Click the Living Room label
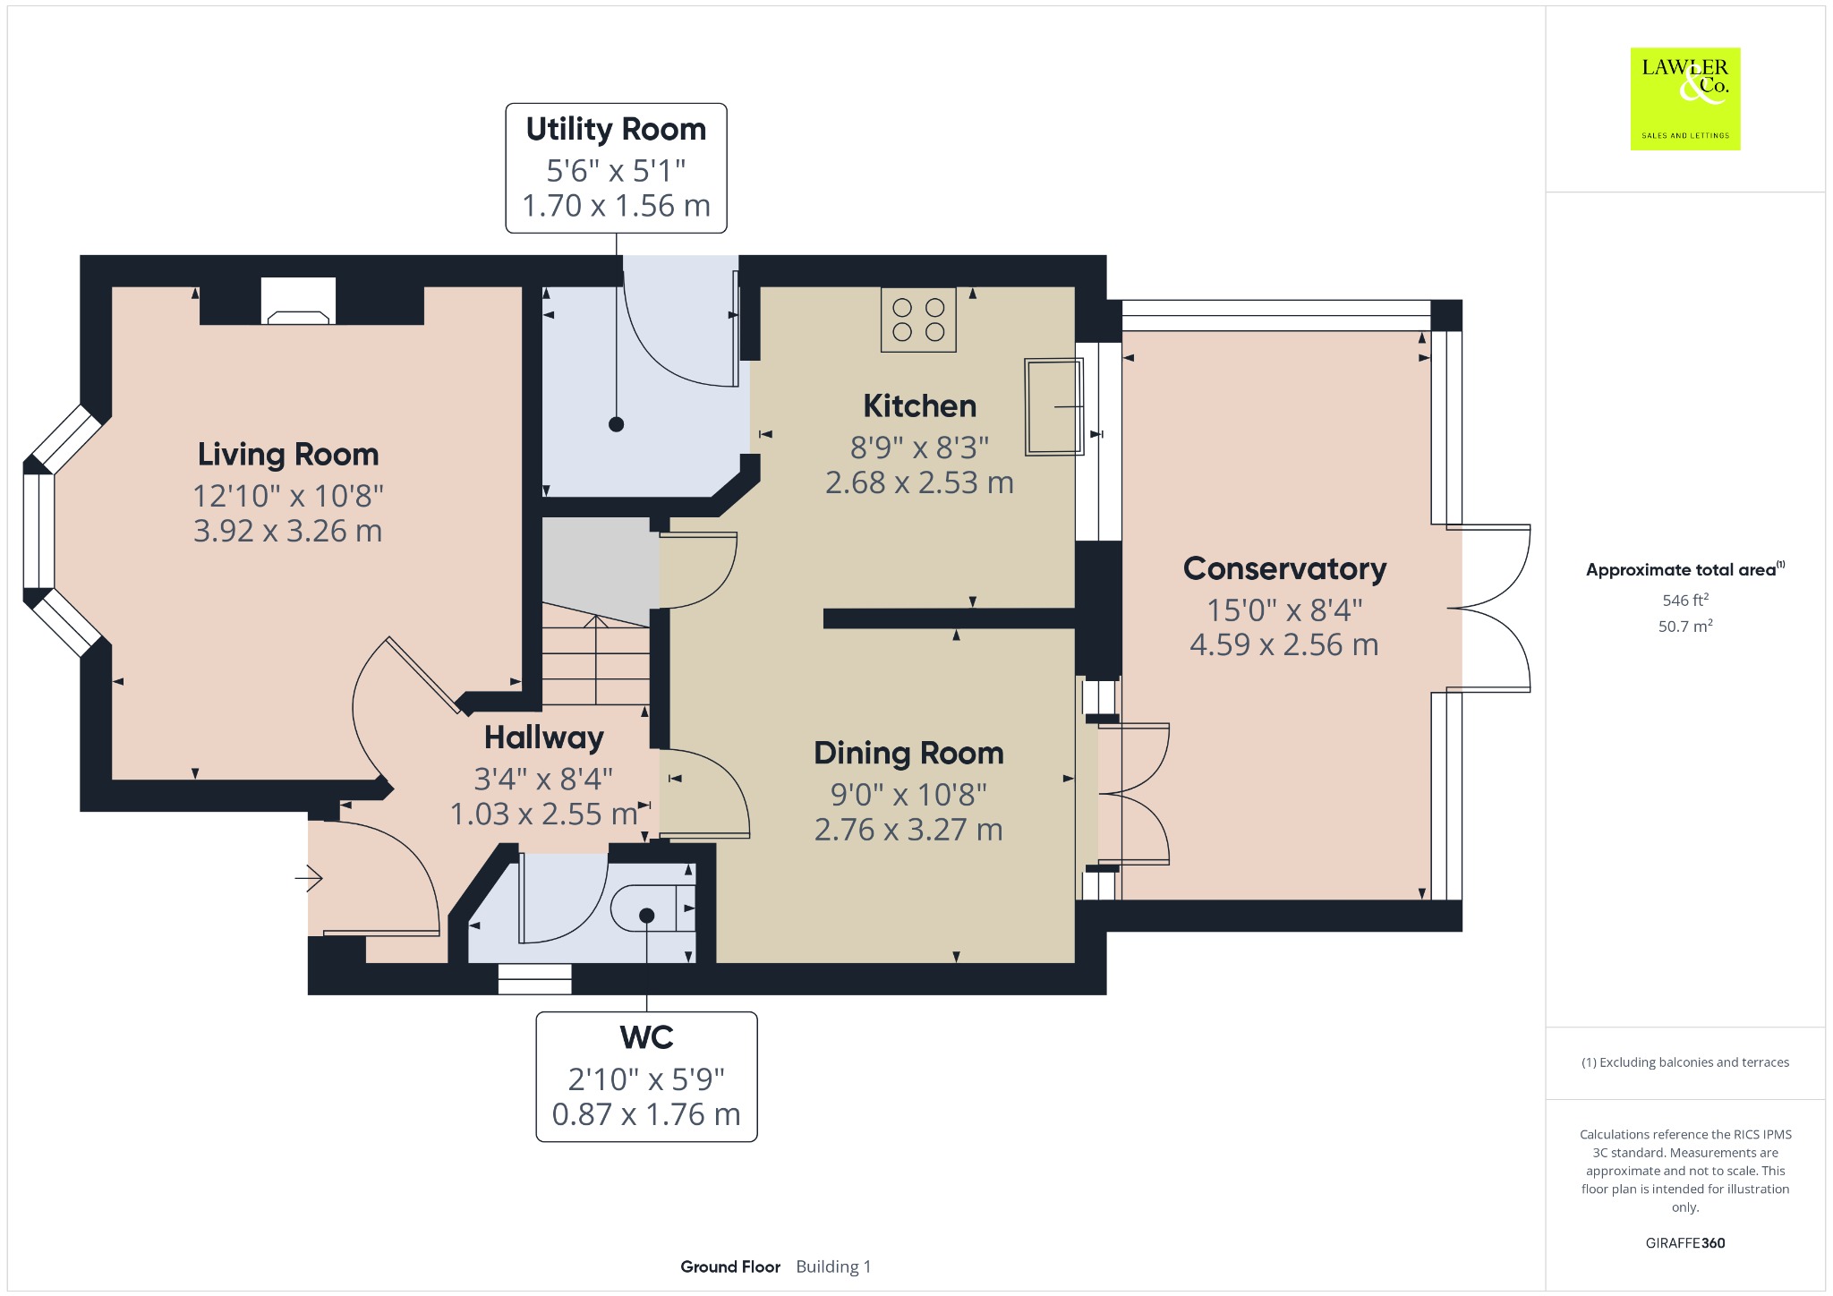pyautogui.click(x=288, y=455)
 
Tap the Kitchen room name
pyautogui.click(x=919, y=406)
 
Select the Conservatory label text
pyautogui.click(x=1284, y=569)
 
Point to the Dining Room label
pyautogui.click(x=908, y=754)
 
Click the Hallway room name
pyautogui.click(x=544, y=738)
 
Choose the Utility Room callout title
pyautogui.click(x=616, y=129)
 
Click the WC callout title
pyautogui.click(x=646, y=1037)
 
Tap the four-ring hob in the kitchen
pyautogui.click(x=918, y=320)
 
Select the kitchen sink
pyautogui.click(x=1054, y=407)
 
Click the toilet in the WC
pyautogui.click(x=652, y=909)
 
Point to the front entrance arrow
pyautogui.click(x=309, y=879)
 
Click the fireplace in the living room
pyautogui.click(x=299, y=301)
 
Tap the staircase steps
pyautogui.click(x=596, y=655)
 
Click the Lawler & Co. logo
pyautogui.click(x=1685, y=99)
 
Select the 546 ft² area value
pyautogui.click(x=1685, y=601)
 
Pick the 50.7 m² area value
pyautogui.click(x=1685, y=627)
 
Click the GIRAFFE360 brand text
pyautogui.click(x=1685, y=1243)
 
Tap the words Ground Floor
pyautogui.click(x=730, y=1266)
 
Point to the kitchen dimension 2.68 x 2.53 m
pyautogui.click(x=919, y=483)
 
